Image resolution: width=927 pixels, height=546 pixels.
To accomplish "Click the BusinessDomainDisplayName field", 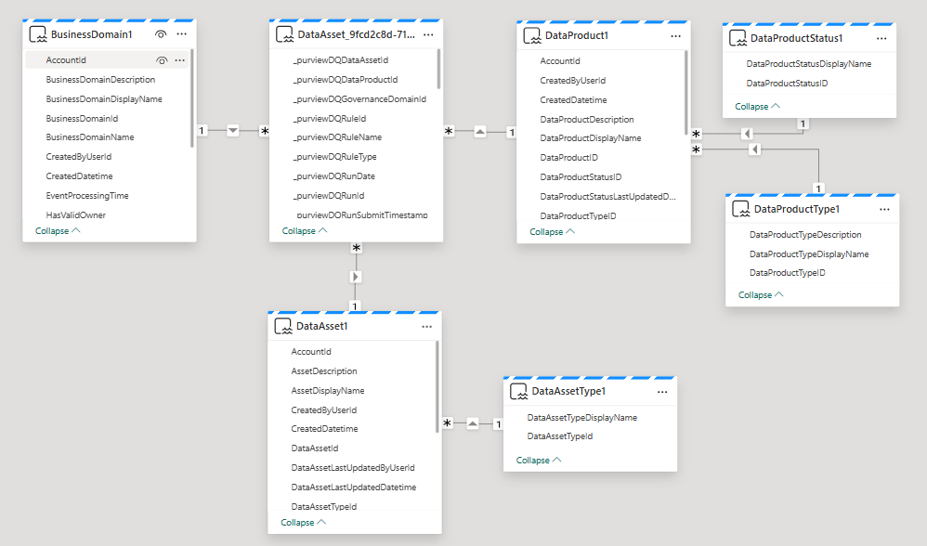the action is point(104,98).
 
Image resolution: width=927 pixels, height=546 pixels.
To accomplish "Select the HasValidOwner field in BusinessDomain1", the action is point(75,215).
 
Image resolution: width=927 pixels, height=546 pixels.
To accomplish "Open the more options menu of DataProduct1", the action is point(675,36).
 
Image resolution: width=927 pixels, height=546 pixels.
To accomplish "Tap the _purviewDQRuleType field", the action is point(334,157).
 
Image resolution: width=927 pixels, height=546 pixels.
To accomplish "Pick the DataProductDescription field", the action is point(586,120).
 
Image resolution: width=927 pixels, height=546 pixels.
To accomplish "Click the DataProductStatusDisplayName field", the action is point(809,64).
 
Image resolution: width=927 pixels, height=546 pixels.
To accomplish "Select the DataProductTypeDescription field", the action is point(805,235).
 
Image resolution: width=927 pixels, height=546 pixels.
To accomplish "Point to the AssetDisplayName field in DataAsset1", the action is point(328,391).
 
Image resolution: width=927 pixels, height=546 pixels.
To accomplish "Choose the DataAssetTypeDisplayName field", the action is point(581,417).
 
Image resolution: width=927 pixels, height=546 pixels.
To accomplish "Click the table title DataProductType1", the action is point(796,209).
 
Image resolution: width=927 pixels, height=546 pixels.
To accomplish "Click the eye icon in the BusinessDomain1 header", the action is point(160,34).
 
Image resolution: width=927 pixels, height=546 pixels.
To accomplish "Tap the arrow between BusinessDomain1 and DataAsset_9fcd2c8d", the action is point(233,131).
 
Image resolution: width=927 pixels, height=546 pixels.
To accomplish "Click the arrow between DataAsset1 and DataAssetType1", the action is point(473,423).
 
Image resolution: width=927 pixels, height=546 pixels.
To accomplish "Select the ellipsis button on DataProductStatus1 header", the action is point(881,38).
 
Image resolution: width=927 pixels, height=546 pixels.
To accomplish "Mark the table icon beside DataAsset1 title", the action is point(283,326).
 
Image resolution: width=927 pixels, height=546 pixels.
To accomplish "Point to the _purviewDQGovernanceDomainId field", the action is point(359,98).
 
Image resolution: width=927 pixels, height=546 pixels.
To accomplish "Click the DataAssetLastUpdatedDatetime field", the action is point(354,487).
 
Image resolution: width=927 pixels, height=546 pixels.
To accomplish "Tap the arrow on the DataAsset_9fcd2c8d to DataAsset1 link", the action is point(356,277).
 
